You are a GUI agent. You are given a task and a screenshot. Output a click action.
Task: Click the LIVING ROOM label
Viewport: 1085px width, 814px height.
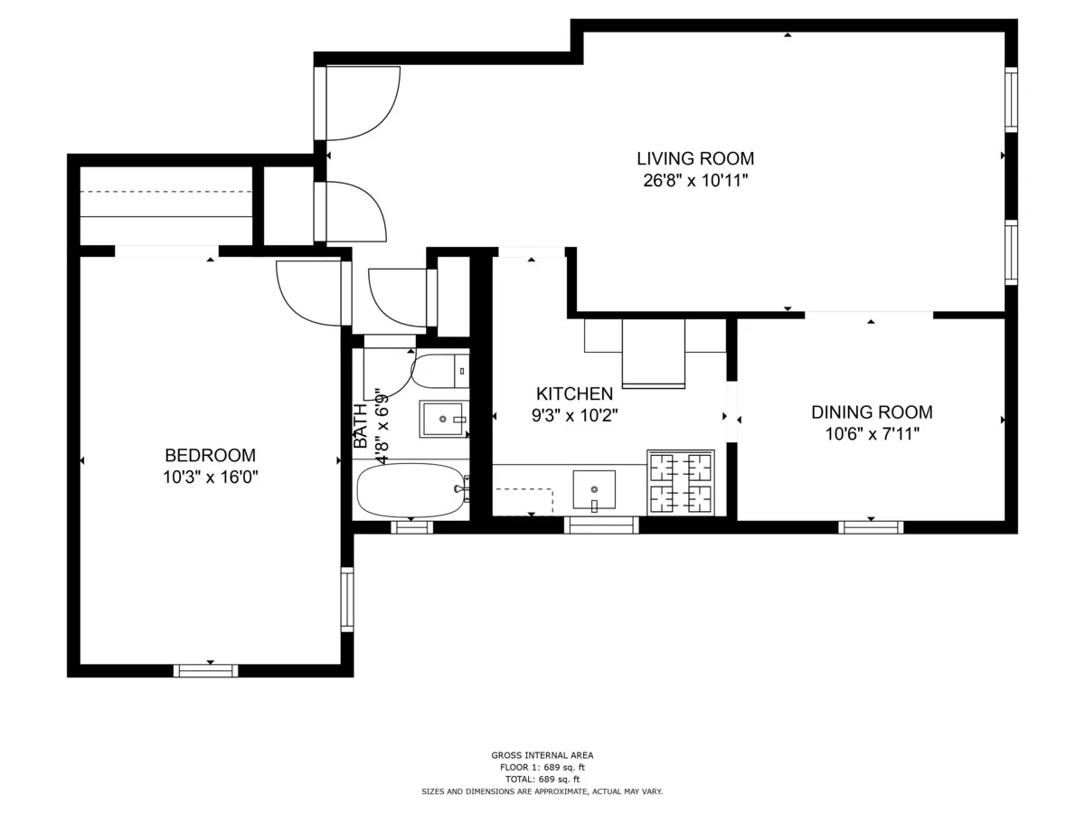click(x=694, y=159)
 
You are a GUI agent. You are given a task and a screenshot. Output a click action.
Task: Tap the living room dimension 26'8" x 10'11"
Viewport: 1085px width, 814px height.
click(x=694, y=181)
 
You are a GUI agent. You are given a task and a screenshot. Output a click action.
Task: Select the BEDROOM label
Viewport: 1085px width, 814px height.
click(x=210, y=456)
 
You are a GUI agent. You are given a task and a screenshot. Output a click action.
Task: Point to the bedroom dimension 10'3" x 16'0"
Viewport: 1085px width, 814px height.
click(x=210, y=478)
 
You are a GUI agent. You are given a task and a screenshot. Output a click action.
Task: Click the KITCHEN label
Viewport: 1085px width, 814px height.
click(x=575, y=394)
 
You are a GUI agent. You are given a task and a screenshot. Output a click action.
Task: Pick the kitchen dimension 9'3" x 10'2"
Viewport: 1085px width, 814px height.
click(x=575, y=416)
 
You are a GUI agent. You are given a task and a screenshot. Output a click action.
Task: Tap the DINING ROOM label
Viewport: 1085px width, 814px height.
click(x=872, y=412)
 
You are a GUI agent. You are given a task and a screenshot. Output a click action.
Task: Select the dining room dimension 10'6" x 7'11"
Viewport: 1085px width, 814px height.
click(x=872, y=434)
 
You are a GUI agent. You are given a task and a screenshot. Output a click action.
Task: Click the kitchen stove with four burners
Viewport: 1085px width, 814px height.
click(x=681, y=482)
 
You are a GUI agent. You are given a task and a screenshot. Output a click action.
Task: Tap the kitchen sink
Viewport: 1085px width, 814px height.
click(x=594, y=489)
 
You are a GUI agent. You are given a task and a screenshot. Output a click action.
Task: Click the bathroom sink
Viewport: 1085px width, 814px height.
click(x=443, y=419)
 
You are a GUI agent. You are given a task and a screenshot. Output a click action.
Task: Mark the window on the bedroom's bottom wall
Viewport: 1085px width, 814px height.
click(x=206, y=670)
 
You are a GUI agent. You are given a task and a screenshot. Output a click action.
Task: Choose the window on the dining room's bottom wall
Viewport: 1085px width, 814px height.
click(x=871, y=527)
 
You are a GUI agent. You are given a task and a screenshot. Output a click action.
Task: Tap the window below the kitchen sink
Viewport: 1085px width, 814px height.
click(x=601, y=525)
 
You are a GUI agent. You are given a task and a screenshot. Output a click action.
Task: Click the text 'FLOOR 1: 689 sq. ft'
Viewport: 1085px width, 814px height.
click(x=542, y=767)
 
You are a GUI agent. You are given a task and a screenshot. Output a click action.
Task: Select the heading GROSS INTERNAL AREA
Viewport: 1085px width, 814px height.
click(x=542, y=755)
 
